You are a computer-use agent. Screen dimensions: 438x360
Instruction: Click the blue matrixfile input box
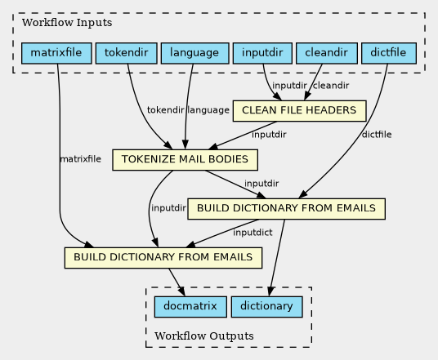tap(56, 53)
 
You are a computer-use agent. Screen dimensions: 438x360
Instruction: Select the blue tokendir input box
tap(127, 53)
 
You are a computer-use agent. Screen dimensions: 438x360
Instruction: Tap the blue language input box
tap(195, 53)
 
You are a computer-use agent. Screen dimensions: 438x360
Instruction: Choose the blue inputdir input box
tap(262, 53)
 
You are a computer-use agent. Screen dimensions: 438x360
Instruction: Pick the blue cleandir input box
tap(327, 53)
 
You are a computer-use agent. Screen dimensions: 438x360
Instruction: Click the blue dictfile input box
tap(389, 53)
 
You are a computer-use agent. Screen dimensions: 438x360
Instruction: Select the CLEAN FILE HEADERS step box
tap(299, 111)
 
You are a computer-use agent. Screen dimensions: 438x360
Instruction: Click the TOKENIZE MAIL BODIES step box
tap(185, 160)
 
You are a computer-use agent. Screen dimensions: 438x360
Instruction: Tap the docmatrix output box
tap(190, 307)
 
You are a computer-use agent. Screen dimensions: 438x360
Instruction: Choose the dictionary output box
tap(266, 307)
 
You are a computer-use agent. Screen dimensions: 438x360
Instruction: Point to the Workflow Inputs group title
tap(67, 23)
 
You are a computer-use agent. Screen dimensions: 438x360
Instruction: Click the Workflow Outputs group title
tap(204, 336)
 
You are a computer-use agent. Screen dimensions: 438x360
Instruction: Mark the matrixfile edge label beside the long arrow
tap(80, 159)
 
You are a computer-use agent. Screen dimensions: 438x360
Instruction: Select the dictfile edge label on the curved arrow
tap(377, 135)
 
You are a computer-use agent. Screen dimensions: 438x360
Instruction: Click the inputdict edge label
tap(253, 233)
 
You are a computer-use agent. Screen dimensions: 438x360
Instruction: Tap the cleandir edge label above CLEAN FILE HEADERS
tap(331, 86)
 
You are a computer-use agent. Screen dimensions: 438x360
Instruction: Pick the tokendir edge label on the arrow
tap(165, 110)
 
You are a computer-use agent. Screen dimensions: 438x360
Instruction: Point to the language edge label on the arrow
tap(208, 110)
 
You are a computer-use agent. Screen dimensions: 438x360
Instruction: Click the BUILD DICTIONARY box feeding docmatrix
tap(163, 258)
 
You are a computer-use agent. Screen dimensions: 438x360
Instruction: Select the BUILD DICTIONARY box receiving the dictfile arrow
tap(286, 209)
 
